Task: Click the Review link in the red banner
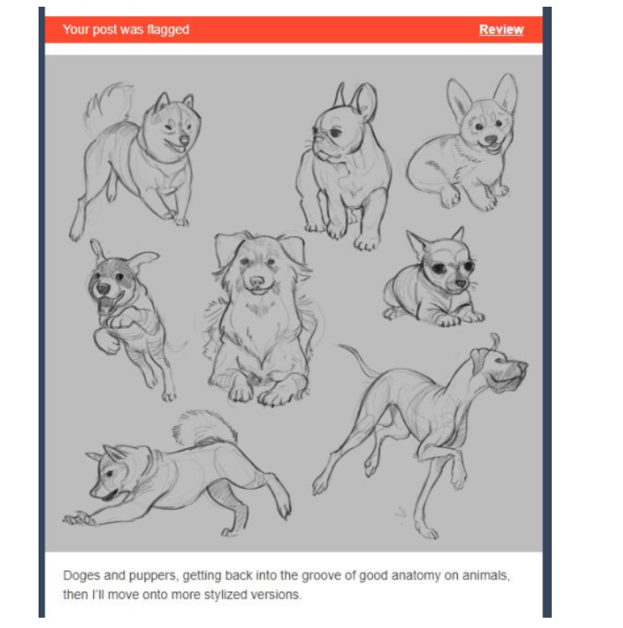pos(501,29)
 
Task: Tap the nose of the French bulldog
pos(315,131)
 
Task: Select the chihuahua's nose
pos(460,283)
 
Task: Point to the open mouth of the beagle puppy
pos(106,304)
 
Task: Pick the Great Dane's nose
pos(522,366)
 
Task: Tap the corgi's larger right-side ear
pos(505,93)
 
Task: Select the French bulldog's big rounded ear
pos(366,101)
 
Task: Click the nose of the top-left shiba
pos(184,140)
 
